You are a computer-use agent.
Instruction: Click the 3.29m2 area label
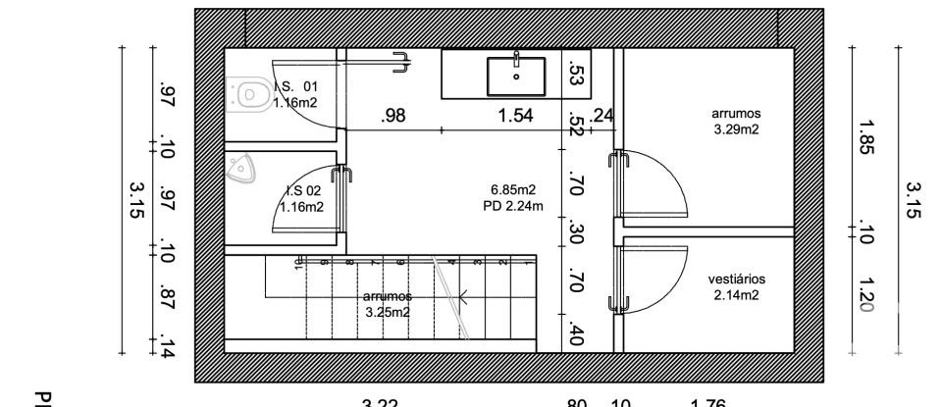pos(736,128)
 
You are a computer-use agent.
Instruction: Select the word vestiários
pos(736,280)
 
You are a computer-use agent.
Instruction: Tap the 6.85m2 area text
pos(513,189)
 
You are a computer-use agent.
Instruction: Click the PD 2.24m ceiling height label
pos(513,205)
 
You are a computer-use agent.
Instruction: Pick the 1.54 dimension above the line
pos(515,117)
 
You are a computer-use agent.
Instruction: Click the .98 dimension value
pos(392,117)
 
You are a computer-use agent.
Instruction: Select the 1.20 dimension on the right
pos(865,295)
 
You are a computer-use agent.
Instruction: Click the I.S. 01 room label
pos(295,86)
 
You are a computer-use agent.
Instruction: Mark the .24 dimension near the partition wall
pos(602,116)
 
